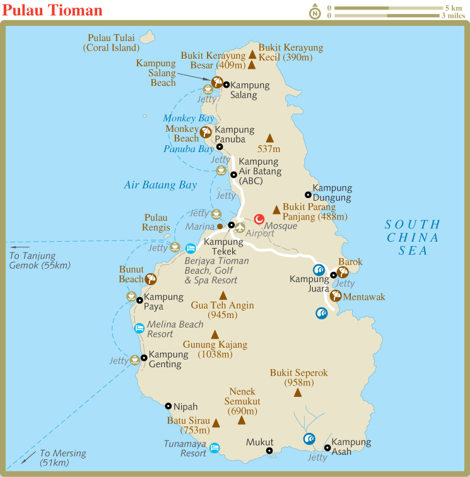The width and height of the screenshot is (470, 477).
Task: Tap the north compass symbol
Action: click(314, 11)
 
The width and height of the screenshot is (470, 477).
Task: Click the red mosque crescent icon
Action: click(259, 219)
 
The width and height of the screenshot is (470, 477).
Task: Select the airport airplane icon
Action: click(239, 227)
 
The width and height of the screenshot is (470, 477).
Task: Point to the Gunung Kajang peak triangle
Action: click(215, 334)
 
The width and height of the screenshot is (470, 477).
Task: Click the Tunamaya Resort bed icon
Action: click(214, 447)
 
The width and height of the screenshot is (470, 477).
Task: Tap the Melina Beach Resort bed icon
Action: click(139, 327)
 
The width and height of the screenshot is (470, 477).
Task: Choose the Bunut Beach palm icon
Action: click(151, 279)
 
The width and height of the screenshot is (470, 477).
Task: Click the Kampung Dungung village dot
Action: click(308, 195)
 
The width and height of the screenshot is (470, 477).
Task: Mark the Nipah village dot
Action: click(168, 407)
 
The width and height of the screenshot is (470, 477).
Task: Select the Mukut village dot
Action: click(269, 450)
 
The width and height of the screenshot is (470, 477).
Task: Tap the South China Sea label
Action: click(413, 237)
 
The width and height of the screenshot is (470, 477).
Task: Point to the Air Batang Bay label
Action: click(160, 185)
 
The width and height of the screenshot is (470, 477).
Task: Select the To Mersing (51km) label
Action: click(62, 458)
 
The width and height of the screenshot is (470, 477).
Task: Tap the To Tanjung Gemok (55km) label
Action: click(40, 261)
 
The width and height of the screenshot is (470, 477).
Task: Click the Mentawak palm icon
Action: click(336, 295)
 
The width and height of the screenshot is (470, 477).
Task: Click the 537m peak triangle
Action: click(270, 138)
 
